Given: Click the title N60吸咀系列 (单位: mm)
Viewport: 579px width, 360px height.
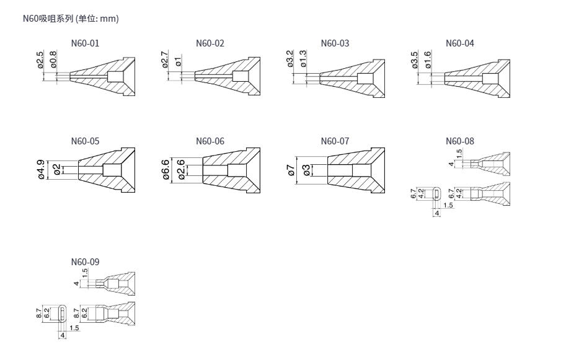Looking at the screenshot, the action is click(x=71, y=19).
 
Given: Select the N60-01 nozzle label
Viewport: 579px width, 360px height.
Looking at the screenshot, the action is click(x=85, y=43).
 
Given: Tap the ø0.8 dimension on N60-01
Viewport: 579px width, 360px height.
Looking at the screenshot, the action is click(x=53, y=59).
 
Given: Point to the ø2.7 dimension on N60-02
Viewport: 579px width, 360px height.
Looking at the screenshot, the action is click(x=165, y=59).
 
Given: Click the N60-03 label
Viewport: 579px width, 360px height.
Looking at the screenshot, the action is click(x=335, y=43).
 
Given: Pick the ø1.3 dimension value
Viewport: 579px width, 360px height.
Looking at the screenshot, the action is click(x=303, y=59).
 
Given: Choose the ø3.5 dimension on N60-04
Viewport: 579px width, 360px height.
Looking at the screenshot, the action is click(x=414, y=59).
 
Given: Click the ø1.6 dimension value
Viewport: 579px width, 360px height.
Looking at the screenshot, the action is click(x=428, y=59).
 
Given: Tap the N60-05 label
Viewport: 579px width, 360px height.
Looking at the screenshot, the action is click(x=85, y=141).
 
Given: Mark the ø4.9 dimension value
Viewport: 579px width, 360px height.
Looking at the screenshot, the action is click(x=41, y=170).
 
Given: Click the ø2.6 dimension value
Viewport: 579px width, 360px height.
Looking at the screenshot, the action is click(x=181, y=170).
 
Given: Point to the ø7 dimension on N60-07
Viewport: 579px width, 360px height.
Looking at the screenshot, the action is click(x=291, y=170).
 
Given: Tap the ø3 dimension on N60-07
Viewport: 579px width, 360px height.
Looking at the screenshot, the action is click(x=306, y=170).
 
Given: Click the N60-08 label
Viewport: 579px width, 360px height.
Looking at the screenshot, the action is click(x=460, y=141).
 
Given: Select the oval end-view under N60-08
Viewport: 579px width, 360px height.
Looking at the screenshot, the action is click(x=437, y=193).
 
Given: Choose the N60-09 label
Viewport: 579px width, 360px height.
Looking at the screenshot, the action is click(x=85, y=261).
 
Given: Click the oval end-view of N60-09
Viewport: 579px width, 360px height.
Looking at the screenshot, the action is click(x=63, y=314).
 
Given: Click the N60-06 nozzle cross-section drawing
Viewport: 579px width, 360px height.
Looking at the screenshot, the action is click(x=231, y=170).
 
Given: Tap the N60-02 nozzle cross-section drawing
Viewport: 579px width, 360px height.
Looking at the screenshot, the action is click(x=228, y=76).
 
